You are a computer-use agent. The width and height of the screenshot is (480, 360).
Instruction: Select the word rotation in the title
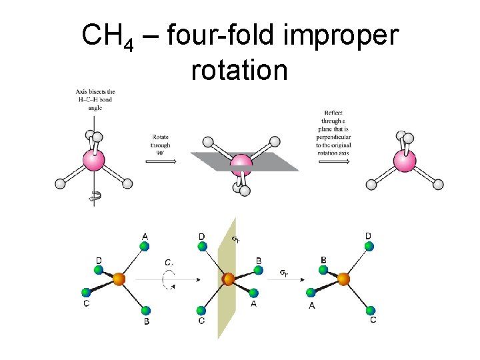pyautogui.click(x=239, y=70)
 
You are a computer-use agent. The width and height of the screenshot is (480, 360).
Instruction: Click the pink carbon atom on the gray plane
pyautogui.click(x=241, y=165)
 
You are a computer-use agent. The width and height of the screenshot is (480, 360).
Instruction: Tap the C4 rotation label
pyautogui.click(x=170, y=263)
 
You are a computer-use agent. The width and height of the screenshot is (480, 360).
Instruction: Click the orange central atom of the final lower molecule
pyautogui.click(x=343, y=279)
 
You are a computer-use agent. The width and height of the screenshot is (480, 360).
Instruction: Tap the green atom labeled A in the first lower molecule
pyautogui.click(x=145, y=247)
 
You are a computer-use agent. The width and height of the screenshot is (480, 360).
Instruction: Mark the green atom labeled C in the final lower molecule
pyautogui.click(x=371, y=311)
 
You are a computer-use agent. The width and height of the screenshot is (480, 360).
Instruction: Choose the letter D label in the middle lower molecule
pyautogui.click(x=201, y=236)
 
